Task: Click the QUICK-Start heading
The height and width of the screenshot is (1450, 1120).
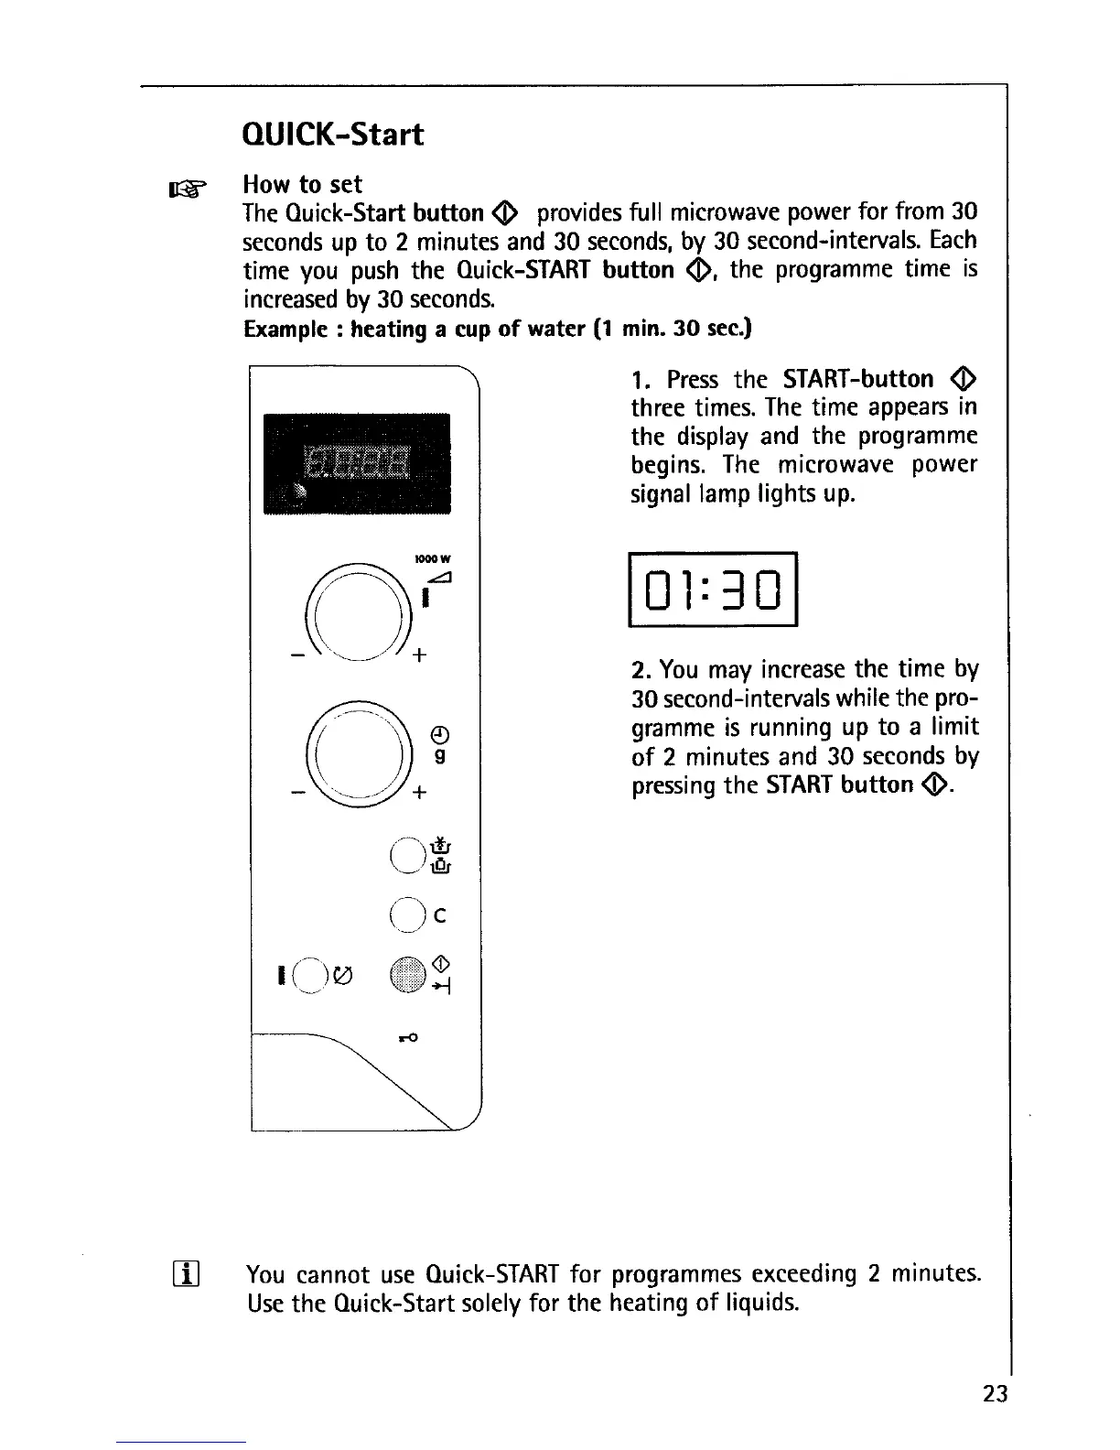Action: (333, 135)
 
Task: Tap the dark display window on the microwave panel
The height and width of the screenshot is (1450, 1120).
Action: (357, 463)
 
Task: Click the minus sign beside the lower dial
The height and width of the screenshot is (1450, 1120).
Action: (296, 793)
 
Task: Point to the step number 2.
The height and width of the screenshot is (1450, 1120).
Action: (640, 670)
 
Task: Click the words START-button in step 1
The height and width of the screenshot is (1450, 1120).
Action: (858, 379)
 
